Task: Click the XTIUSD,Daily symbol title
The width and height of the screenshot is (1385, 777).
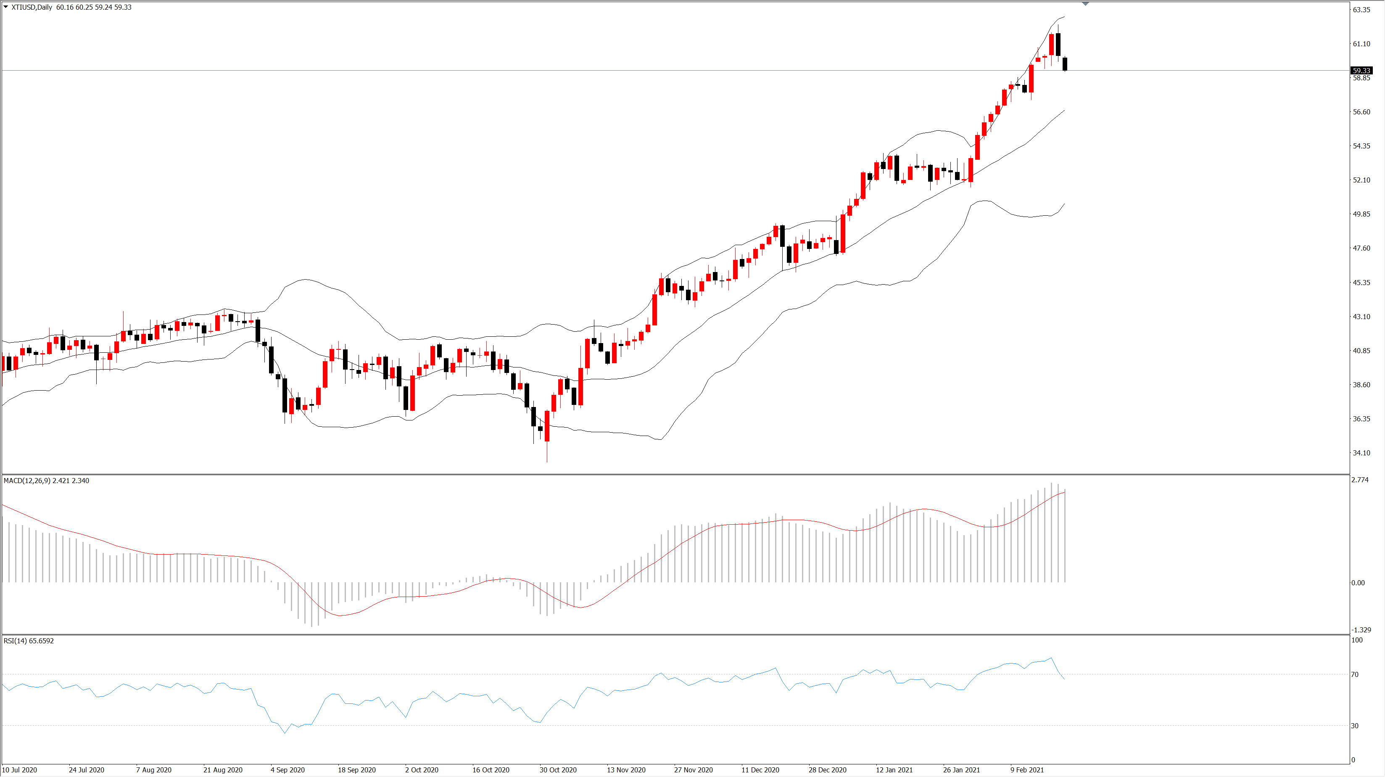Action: pyautogui.click(x=32, y=7)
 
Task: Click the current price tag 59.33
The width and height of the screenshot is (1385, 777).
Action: pyautogui.click(x=1361, y=71)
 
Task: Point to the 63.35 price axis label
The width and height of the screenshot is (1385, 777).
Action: pyautogui.click(x=1361, y=10)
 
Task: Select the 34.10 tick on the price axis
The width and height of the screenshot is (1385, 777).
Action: pyautogui.click(x=1361, y=453)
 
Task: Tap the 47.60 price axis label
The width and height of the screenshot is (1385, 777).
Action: pyautogui.click(x=1361, y=248)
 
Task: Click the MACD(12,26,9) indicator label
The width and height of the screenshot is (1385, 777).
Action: pyautogui.click(x=27, y=481)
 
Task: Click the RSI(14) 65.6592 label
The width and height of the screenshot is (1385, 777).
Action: pyautogui.click(x=29, y=641)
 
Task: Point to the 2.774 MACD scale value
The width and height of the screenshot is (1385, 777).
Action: pyautogui.click(x=1360, y=480)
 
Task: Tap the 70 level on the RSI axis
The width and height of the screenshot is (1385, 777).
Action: pyautogui.click(x=1355, y=674)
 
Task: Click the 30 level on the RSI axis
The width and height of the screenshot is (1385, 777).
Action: pyautogui.click(x=1355, y=726)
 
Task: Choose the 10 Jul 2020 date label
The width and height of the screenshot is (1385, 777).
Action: pyautogui.click(x=20, y=770)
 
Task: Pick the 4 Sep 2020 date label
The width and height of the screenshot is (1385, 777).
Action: pyautogui.click(x=288, y=770)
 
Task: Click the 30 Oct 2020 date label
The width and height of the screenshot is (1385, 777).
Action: pyautogui.click(x=558, y=770)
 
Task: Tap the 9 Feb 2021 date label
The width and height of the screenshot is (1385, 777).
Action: pyautogui.click(x=1027, y=770)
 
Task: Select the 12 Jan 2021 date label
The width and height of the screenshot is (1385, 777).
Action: pyautogui.click(x=894, y=770)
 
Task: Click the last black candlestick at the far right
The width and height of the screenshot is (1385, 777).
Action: pyautogui.click(x=1065, y=63)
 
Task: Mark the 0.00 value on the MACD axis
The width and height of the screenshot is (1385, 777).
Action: pyautogui.click(x=1358, y=583)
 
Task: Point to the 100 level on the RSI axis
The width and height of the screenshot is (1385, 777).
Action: pyautogui.click(x=1357, y=640)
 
